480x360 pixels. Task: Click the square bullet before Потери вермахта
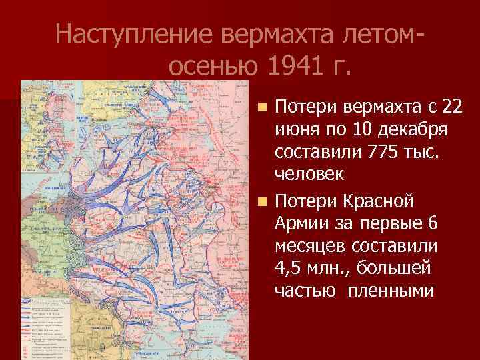coord(264,107)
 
